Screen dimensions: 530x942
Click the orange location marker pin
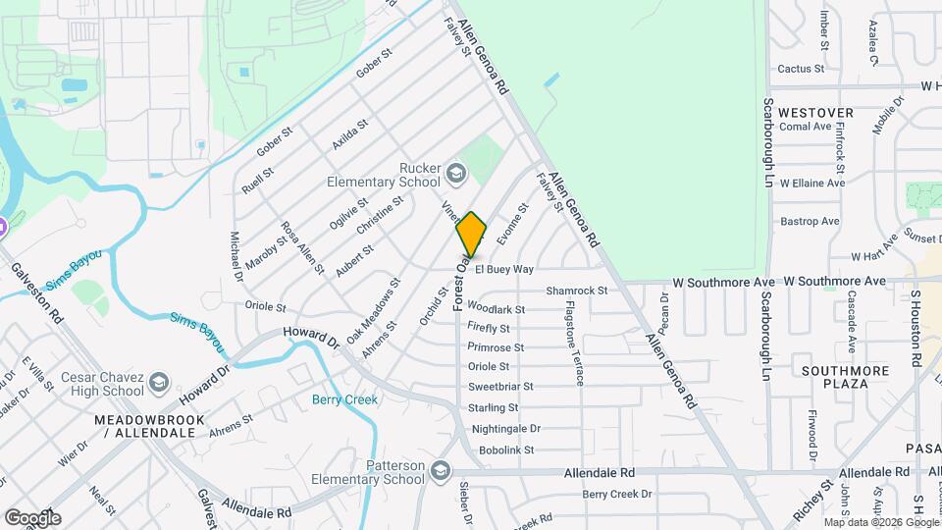(x=471, y=235)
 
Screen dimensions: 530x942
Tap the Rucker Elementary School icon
(x=455, y=175)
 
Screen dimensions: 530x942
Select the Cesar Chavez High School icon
(x=161, y=381)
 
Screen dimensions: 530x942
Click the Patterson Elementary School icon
(x=441, y=472)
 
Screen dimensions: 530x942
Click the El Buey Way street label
(x=504, y=268)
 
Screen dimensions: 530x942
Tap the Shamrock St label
(x=577, y=291)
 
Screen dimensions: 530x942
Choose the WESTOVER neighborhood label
(x=815, y=113)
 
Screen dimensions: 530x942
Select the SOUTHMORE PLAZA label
(x=845, y=377)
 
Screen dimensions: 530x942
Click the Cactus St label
(x=800, y=69)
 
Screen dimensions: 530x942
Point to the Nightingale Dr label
(x=505, y=429)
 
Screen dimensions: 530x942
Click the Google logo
(x=32, y=517)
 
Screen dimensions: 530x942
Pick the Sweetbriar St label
(x=500, y=387)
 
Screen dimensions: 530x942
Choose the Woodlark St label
(x=497, y=308)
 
